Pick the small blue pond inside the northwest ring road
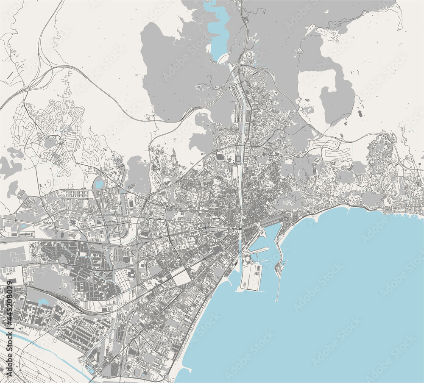tap(100, 184)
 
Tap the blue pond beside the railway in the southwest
tap(43, 302)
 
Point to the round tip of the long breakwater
tap(276, 300)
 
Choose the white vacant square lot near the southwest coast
tap(181, 278)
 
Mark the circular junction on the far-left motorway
tap(27, 89)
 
